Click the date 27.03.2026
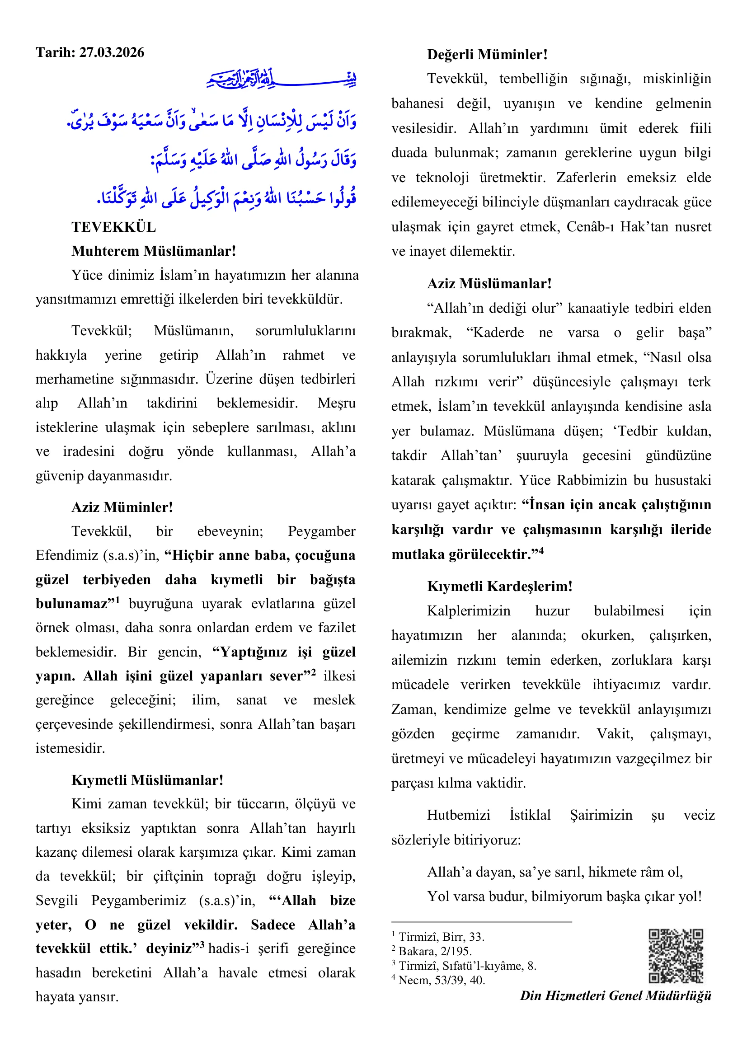tap(112, 52)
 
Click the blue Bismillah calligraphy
tap(281, 79)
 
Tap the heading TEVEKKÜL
tap(113, 227)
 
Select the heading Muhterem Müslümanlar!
tap(154, 251)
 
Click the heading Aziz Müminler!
tap(122, 507)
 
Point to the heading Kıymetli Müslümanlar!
tap(147, 780)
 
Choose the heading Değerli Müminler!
tap(487, 55)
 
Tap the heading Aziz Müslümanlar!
tap(489, 284)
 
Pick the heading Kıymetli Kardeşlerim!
tap(499, 587)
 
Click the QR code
tap(676, 956)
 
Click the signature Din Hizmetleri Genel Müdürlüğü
tap(615, 996)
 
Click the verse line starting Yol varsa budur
tap(564, 896)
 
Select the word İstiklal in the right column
tap(530, 815)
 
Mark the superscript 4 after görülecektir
tap(541, 550)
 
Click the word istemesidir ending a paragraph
tap(70, 748)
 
